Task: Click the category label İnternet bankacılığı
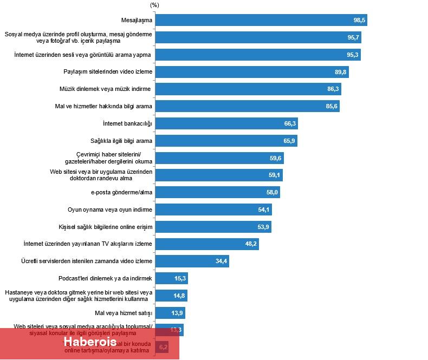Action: [x=127, y=123]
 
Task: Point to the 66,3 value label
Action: [x=290, y=123]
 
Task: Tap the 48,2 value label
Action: [x=251, y=244]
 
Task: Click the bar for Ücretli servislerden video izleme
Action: [x=184, y=261]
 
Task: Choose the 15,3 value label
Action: [x=180, y=279]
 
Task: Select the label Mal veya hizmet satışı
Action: [x=124, y=313]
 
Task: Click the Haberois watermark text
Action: [x=89, y=343]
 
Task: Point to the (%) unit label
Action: [x=154, y=5]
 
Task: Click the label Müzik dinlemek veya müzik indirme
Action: [x=106, y=89]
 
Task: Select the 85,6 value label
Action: [x=332, y=107]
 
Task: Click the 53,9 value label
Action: [x=263, y=227]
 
